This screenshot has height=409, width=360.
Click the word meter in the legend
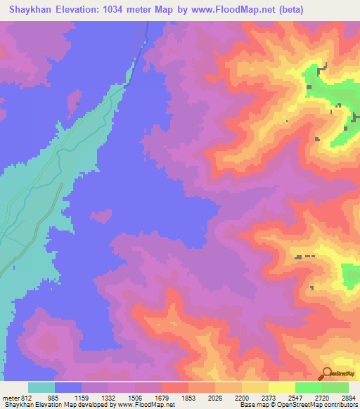coord(11,398)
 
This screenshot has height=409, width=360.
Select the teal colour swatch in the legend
coord(41,387)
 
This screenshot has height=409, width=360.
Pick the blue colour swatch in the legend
coord(68,387)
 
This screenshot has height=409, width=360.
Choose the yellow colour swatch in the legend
coord(255,387)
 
